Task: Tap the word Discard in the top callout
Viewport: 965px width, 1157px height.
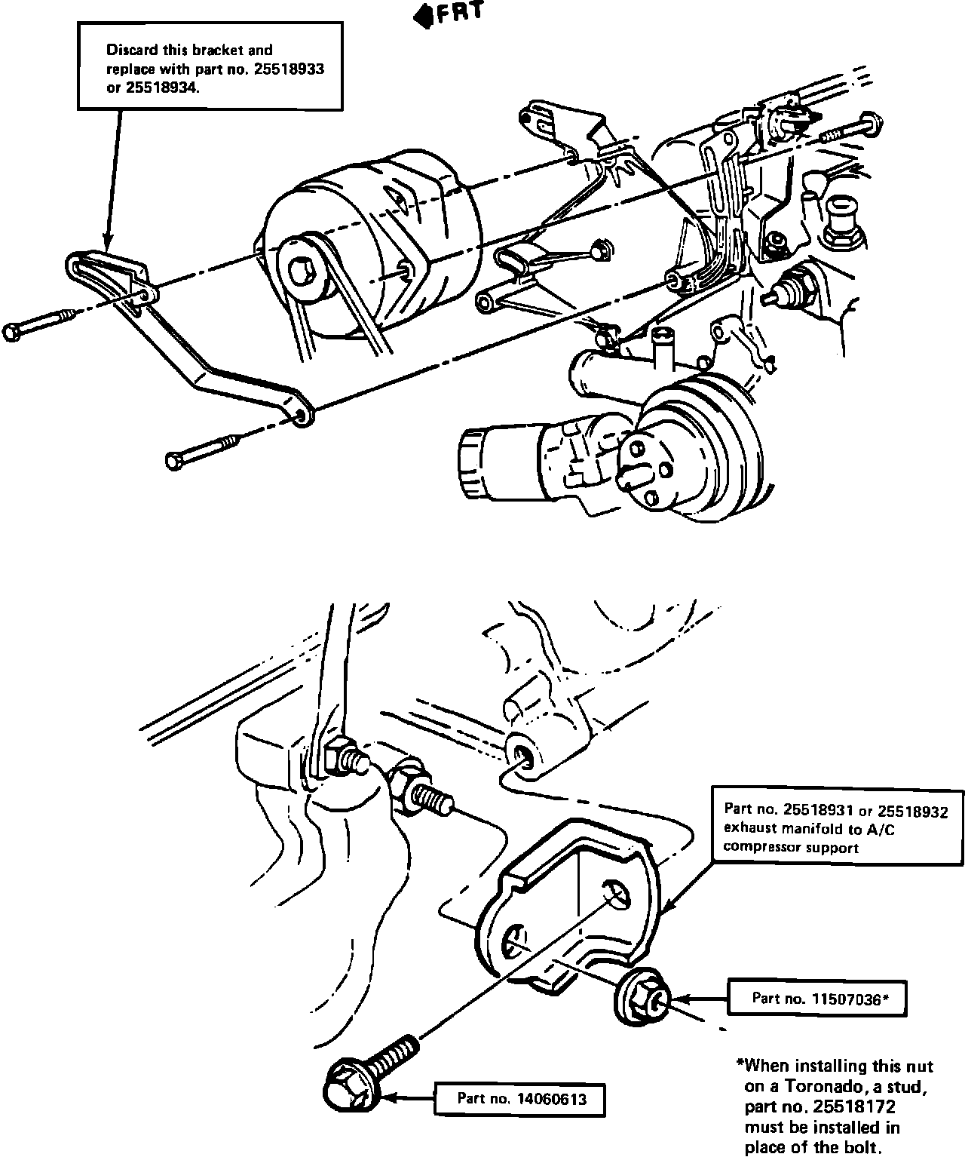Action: (x=129, y=51)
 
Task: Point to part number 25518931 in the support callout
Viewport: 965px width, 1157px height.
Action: (x=818, y=810)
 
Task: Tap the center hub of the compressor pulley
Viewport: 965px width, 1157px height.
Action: (x=304, y=269)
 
